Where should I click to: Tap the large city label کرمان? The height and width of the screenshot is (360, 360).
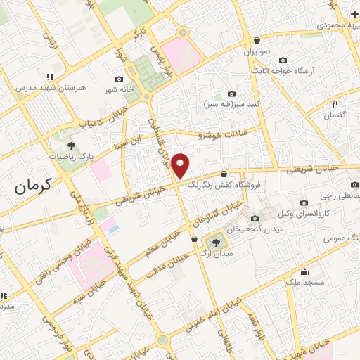(34, 186)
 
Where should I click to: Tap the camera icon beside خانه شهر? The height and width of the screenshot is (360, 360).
(119, 79)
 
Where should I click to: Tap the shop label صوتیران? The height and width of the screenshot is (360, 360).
(257, 51)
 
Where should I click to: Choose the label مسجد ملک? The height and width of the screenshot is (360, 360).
(305, 282)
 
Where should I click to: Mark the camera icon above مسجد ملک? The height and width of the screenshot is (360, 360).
(305, 271)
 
